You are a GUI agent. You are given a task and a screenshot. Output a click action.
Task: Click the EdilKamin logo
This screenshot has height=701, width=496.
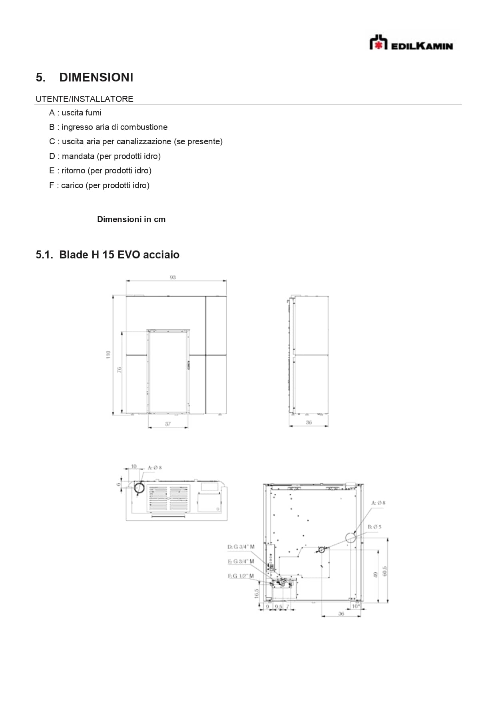tap(411, 43)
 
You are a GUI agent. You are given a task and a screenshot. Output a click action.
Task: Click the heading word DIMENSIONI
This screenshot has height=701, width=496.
tap(96, 77)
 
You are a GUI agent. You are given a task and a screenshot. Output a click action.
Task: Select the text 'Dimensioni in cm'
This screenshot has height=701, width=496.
tap(131, 219)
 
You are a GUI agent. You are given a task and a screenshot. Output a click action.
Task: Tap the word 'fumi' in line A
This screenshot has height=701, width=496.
tap(93, 113)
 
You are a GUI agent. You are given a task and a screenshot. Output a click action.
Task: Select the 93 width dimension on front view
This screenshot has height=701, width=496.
tap(173, 277)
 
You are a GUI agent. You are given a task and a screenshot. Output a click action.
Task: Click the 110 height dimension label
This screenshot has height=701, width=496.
tap(108, 354)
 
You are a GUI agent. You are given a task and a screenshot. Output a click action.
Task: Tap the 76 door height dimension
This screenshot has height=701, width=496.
tap(119, 370)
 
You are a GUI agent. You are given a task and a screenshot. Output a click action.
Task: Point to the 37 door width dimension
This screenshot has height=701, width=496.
tap(168, 424)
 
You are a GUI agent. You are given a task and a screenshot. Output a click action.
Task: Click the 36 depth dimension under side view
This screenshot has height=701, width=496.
tap(309, 422)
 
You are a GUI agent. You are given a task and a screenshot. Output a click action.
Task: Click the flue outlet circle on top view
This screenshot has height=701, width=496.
tap(139, 488)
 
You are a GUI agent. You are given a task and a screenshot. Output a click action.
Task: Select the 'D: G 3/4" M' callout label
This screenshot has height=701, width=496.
tap(241, 546)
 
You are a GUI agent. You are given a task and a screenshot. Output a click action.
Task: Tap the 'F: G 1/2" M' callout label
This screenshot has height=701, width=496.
tap(241, 576)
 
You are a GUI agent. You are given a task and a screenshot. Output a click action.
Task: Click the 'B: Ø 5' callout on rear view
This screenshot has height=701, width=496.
tap(374, 527)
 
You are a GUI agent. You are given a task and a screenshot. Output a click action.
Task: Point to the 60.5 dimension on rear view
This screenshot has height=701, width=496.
tap(384, 571)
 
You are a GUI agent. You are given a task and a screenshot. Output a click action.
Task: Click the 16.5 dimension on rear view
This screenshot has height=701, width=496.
tap(257, 593)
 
